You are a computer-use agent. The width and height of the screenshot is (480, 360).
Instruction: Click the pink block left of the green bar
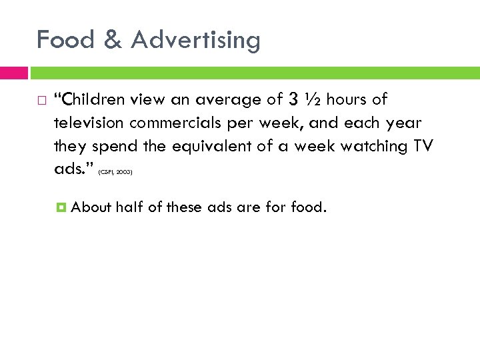click(x=14, y=72)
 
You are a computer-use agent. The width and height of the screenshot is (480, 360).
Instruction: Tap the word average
click(x=231, y=101)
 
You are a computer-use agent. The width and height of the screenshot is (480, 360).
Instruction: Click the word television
click(x=89, y=124)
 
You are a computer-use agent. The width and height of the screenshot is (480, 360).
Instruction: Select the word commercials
click(x=179, y=124)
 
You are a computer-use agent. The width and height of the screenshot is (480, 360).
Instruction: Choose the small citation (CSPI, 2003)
click(x=115, y=173)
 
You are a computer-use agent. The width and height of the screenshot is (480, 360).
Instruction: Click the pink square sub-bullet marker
click(x=61, y=207)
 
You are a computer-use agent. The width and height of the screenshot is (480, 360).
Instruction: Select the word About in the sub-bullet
click(x=91, y=207)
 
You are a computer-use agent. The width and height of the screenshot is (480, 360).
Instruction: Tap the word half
click(x=128, y=207)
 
